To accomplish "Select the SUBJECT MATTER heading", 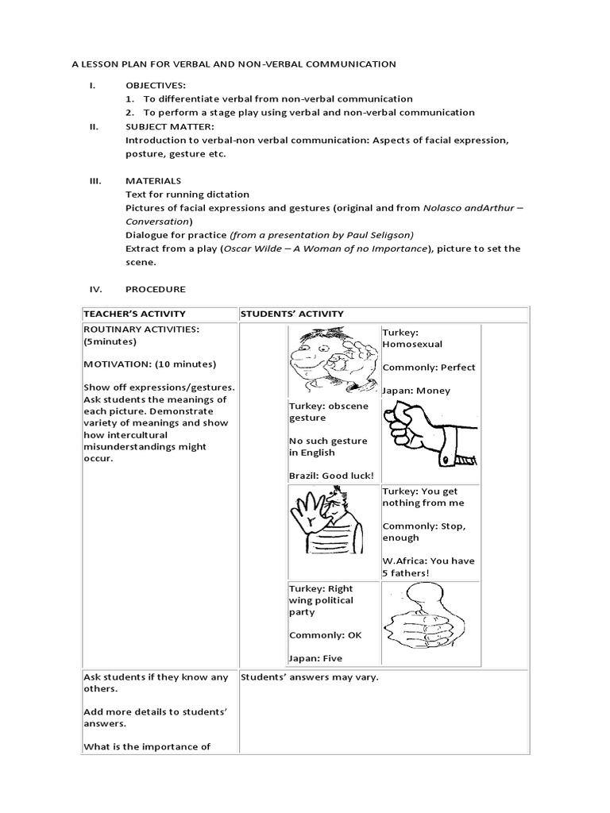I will pyautogui.click(x=169, y=126).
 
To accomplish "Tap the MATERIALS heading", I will pyautogui.click(x=153, y=181).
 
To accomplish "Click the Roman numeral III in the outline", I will pyautogui.click(x=94, y=181).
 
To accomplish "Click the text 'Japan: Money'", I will pyautogui.click(x=416, y=390).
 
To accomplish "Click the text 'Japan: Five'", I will pyautogui.click(x=315, y=657).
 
